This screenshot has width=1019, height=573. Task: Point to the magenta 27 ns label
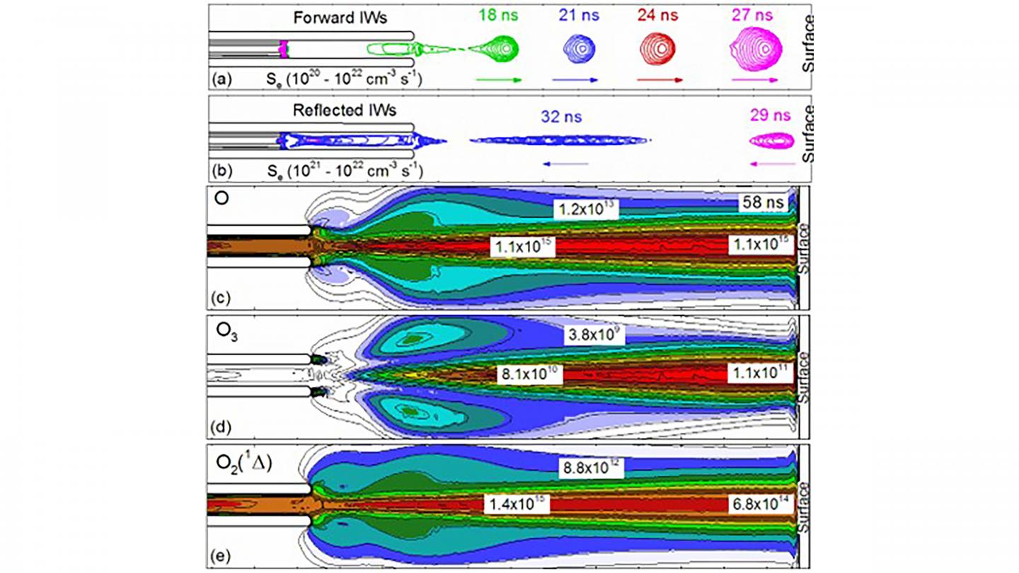[x=755, y=16]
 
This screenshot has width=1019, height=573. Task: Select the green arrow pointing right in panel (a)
[x=499, y=80]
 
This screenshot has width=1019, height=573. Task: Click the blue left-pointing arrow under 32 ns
[x=565, y=163]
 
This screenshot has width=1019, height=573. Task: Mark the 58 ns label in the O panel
[x=763, y=202]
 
